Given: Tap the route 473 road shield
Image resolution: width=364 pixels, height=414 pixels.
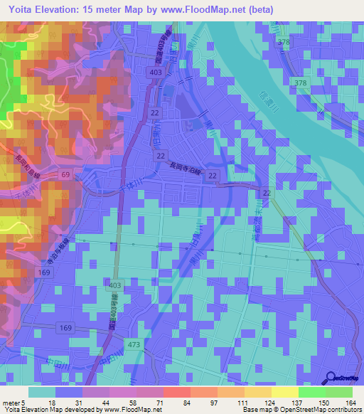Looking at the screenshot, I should click(x=133, y=345).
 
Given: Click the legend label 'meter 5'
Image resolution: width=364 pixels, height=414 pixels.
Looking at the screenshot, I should click(x=14, y=402).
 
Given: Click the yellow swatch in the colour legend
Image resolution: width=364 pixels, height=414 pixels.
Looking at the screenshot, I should click(x=284, y=392).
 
